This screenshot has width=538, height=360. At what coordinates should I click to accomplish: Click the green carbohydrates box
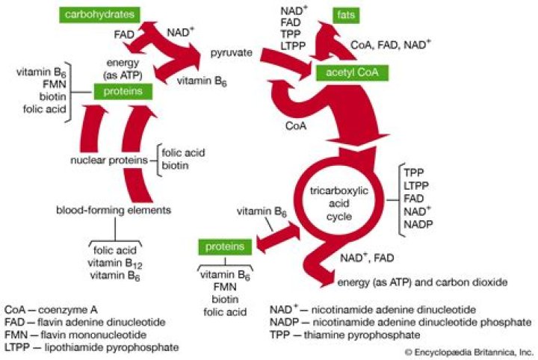[99, 15]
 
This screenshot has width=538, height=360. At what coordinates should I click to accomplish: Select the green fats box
[346, 16]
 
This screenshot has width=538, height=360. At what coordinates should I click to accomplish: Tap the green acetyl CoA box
[352, 72]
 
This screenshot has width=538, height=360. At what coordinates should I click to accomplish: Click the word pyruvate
[231, 53]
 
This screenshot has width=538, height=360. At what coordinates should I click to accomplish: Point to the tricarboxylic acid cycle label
[339, 203]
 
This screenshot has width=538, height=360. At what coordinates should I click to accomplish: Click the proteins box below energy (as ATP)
[123, 92]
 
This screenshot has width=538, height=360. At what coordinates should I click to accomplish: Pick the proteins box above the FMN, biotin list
[225, 247]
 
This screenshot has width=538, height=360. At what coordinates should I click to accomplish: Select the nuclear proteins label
[109, 161]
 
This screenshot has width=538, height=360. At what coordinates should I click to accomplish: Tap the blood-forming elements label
[114, 210]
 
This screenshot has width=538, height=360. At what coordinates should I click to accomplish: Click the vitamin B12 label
[114, 264]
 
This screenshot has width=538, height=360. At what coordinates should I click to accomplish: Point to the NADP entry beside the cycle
[418, 225]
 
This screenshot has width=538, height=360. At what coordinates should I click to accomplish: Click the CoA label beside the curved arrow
[296, 126]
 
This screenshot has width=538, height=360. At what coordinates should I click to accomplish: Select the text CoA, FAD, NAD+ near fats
[391, 45]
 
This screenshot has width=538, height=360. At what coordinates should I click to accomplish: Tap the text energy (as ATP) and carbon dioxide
[422, 282]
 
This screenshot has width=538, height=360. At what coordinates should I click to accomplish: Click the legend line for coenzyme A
[51, 310]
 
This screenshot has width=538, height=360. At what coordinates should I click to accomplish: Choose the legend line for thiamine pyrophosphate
[344, 335]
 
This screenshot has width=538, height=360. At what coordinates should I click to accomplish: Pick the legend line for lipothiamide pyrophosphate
[91, 347]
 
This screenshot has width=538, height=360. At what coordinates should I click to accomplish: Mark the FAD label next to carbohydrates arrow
[124, 34]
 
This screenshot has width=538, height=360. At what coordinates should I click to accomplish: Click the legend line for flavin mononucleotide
[75, 335]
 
